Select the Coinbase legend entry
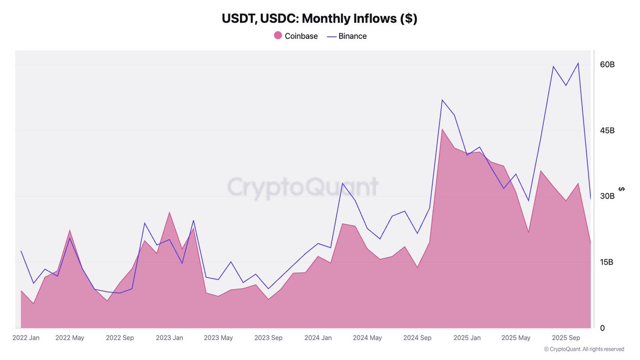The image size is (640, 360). tap(295, 36)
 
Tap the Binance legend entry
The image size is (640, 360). tap(347, 36)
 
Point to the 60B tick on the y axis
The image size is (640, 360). tap(607, 65)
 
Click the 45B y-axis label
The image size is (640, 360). tap(607, 131)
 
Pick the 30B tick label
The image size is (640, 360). tap(607, 196)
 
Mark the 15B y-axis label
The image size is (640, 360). tap(607, 262)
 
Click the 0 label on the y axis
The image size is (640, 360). tap(602, 328)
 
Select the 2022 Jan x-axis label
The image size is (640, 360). tap(26, 338)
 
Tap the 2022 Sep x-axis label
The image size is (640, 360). tap(120, 338)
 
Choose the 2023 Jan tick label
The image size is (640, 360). tap(170, 338)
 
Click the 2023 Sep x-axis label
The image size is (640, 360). tap(268, 338)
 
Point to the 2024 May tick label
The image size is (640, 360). tap(367, 338)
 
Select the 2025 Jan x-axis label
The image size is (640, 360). tap(467, 338)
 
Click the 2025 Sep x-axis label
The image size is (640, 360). tap(566, 338)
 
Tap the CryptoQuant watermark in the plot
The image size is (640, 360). tap(302, 187)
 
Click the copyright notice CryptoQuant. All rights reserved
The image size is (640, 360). tap(584, 349)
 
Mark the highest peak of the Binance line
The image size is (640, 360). tap(578, 63)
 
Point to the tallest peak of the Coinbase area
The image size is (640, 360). tap(442, 129)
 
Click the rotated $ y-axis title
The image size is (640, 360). tap(622, 189)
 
